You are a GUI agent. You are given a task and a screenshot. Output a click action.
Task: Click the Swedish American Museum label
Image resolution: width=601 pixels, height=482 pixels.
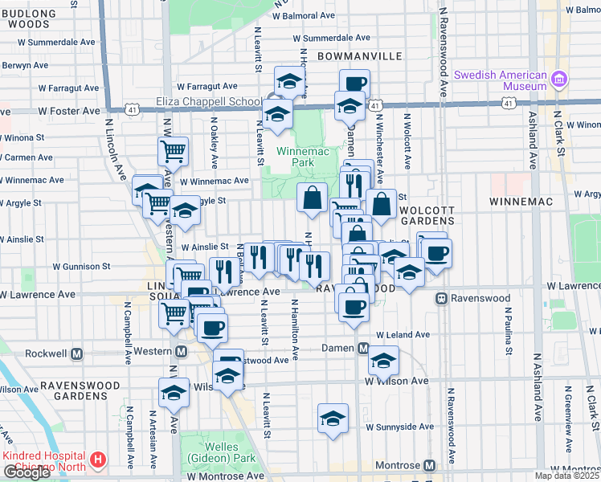tap(500, 80)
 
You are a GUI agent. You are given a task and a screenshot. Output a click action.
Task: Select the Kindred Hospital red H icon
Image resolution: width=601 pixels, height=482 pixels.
tap(98, 460)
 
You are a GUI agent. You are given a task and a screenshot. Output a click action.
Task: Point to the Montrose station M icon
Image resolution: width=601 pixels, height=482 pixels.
tap(430, 466)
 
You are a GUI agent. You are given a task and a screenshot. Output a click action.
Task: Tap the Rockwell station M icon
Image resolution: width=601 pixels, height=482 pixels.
tap(78, 353)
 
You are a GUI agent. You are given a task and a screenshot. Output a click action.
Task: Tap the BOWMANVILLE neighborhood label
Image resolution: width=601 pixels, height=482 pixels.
tap(359, 56)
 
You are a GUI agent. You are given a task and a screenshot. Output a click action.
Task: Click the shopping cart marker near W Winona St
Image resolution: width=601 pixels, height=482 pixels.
tap(174, 149)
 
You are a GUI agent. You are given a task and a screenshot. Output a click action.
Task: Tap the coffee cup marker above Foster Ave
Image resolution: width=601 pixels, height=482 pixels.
tap(354, 82)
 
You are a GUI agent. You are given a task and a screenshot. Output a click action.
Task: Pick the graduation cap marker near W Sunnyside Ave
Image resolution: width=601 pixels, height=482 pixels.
tap(333, 418)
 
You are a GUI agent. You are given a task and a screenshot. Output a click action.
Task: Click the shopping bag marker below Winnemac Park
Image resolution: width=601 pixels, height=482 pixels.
tap(312, 196)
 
